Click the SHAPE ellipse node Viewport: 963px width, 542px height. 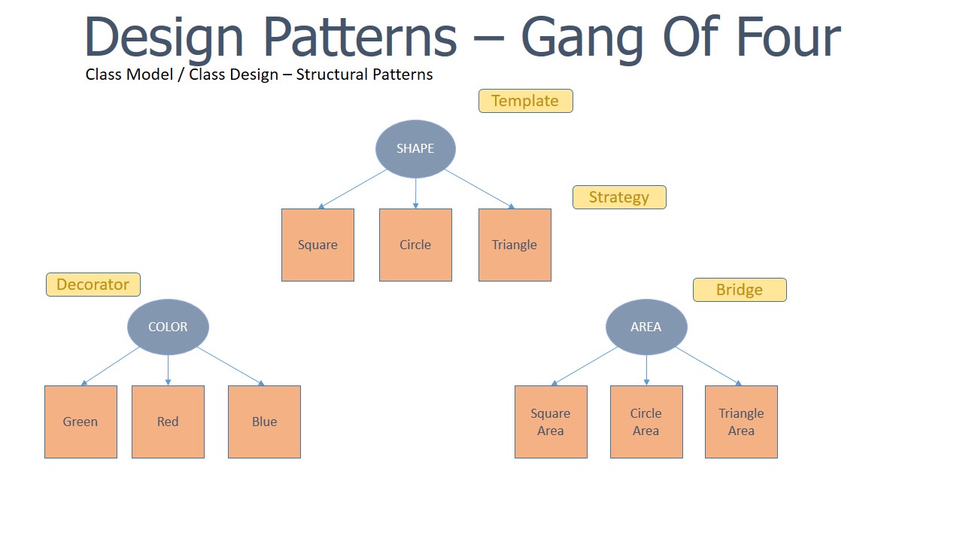pyautogui.click(x=415, y=149)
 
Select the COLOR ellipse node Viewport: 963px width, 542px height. pyautogui.click(x=168, y=327)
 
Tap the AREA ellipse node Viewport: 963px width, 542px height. pyautogui.click(x=646, y=327)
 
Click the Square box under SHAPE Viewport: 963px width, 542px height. pyautogui.click(x=317, y=245)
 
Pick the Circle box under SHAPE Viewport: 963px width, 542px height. pyautogui.click(x=415, y=245)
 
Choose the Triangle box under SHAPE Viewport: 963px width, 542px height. pyautogui.click(x=515, y=245)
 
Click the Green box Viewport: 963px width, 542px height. pyautogui.click(x=81, y=422)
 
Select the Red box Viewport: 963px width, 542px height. pyautogui.click(x=168, y=422)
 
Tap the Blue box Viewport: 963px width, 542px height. pyautogui.click(x=264, y=422)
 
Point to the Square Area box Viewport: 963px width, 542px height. pyautogui.click(x=551, y=422)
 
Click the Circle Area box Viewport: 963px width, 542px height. pyautogui.click(x=646, y=422)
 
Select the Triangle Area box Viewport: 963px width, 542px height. pyautogui.click(x=741, y=422)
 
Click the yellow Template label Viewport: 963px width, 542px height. pyautogui.click(x=525, y=101)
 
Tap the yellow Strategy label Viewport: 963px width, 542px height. pyautogui.click(x=619, y=197)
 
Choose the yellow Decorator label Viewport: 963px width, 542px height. pyautogui.click(x=93, y=285)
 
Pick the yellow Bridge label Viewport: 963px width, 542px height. pyautogui.click(x=740, y=290)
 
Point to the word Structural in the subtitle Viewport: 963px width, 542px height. pyautogui.click(x=329, y=75)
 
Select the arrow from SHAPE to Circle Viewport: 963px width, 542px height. pyautogui.click(x=415, y=193)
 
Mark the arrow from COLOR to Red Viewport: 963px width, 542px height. pyautogui.click(x=168, y=370)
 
